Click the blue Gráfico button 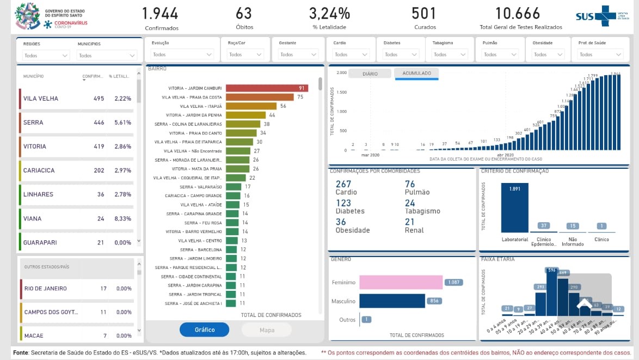[x=204, y=330]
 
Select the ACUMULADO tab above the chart [x=416, y=74]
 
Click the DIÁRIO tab [x=370, y=74]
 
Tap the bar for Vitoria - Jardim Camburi [x=267, y=88]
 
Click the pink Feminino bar [x=401, y=282]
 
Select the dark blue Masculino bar [x=392, y=301]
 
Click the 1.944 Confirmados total [x=162, y=14]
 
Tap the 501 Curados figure [x=425, y=14]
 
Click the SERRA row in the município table [x=34, y=123]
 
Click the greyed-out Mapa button [x=267, y=330]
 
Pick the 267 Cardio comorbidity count [x=343, y=185]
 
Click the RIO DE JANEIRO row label [x=46, y=289]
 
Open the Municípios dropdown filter [x=107, y=56]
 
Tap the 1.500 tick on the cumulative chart [x=341, y=92]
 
